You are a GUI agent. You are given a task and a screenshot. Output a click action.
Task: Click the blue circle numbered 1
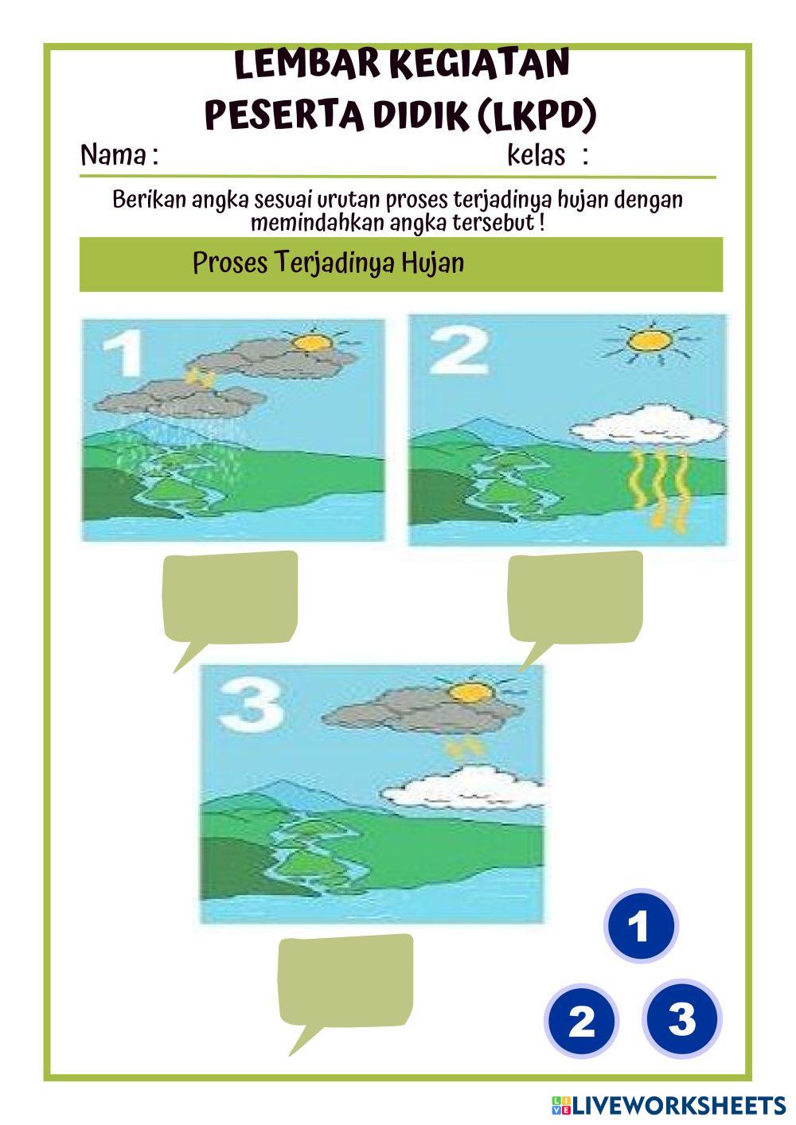click(x=641, y=925)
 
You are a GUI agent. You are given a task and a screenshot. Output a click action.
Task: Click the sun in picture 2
click(x=650, y=341)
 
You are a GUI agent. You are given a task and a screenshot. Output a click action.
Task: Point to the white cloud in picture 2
click(x=648, y=425)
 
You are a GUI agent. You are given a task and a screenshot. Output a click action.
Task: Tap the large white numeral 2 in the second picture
click(x=458, y=352)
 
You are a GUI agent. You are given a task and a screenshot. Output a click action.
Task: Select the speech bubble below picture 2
click(x=575, y=603)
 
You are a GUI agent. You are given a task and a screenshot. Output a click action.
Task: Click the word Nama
click(x=113, y=155)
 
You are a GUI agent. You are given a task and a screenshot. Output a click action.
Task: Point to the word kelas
click(x=536, y=155)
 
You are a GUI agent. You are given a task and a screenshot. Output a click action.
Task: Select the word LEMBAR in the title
click(x=307, y=64)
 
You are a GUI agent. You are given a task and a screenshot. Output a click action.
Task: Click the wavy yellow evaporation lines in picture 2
click(x=658, y=489)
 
